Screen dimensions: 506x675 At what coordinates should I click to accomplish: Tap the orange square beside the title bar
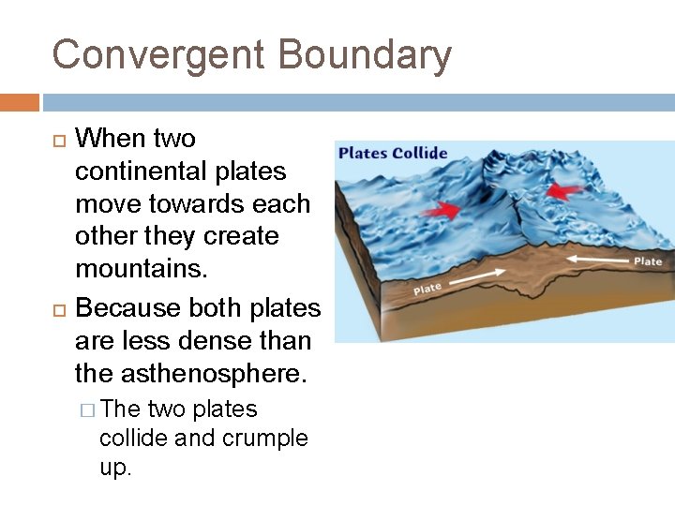point(19,101)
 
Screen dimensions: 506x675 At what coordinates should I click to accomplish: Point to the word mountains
point(130,269)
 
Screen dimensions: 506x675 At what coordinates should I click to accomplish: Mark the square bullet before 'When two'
point(58,140)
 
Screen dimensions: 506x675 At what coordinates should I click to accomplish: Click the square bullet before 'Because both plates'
point(58,308)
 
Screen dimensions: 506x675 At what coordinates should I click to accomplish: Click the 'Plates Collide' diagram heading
point(393,153)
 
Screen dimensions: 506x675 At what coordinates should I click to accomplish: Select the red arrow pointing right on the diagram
point(440,212)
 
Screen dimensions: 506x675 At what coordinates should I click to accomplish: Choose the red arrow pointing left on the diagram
point(562,191)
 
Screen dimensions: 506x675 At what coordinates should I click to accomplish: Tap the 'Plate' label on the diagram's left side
point(427,290)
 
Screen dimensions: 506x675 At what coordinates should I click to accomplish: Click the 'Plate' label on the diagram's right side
point(648,261)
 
